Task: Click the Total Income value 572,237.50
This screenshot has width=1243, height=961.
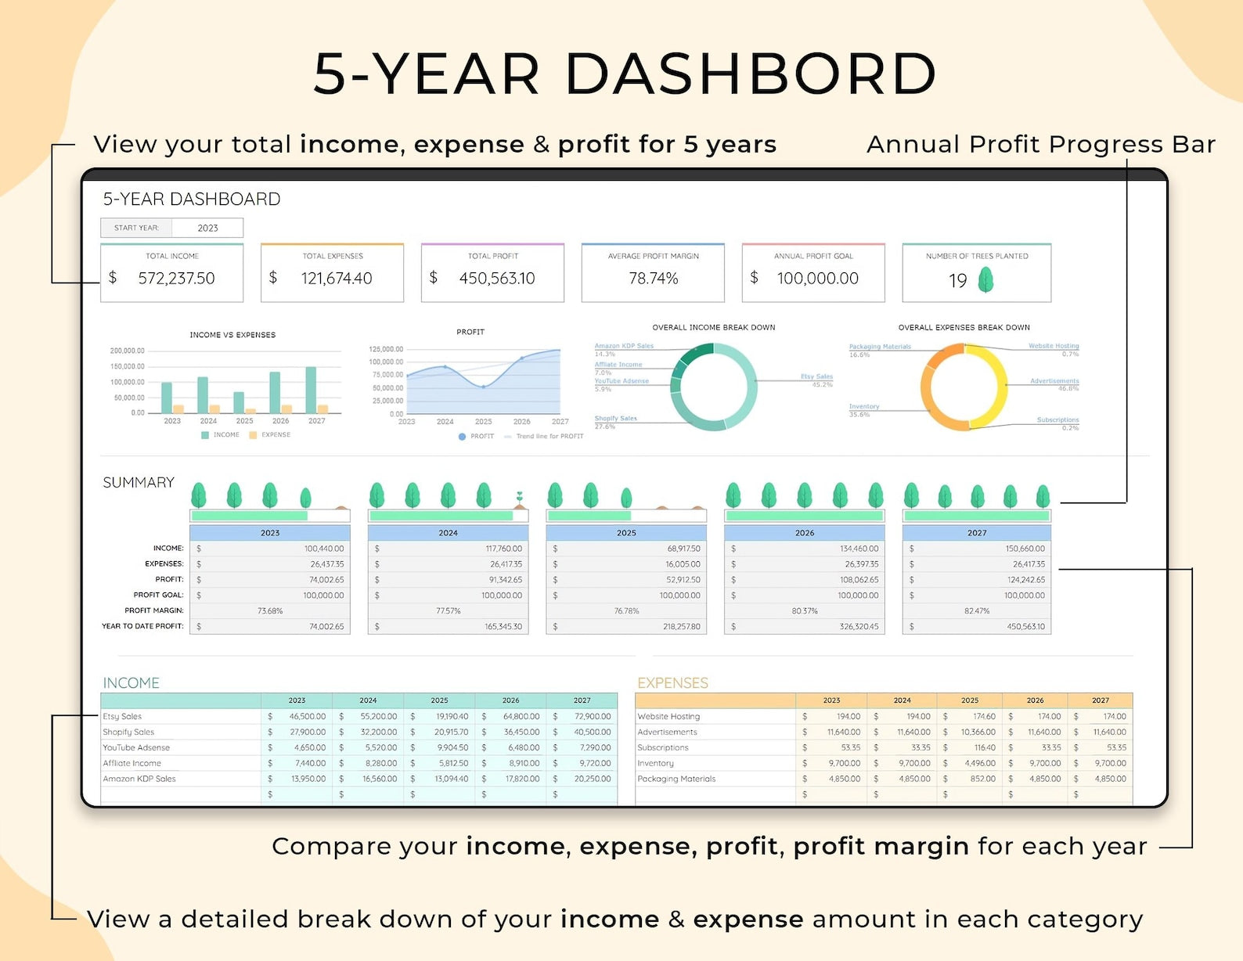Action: coord(176,279)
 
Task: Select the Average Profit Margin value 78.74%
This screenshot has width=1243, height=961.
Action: coord(654,279)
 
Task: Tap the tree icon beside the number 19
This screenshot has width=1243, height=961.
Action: coord(986,279)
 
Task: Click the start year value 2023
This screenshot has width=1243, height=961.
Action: coord(207,228)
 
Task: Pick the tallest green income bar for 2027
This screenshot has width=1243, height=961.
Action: coord(311,390)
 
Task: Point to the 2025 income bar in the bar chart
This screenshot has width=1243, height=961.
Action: coord(239,402)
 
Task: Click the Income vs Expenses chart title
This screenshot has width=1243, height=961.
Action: coord(232,335)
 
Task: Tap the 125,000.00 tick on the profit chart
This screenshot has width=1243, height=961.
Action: coord(386,349)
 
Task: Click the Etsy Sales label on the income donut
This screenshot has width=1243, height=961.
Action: coord(816,376)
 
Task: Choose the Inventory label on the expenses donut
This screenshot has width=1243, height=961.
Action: coord(864,407)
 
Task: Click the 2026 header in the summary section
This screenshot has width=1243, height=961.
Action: coord(805,533)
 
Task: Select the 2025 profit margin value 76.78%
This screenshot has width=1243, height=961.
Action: coord(626,611)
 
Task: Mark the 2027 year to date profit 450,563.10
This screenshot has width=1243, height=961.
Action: coord(1025,627)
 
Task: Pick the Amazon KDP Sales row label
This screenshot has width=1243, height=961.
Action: coord(139,779)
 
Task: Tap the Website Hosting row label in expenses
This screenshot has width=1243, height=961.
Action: coord(668,717)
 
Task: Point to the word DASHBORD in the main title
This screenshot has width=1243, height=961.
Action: coord(750,74)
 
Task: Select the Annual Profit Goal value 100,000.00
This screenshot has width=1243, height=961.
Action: coord(817,279)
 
